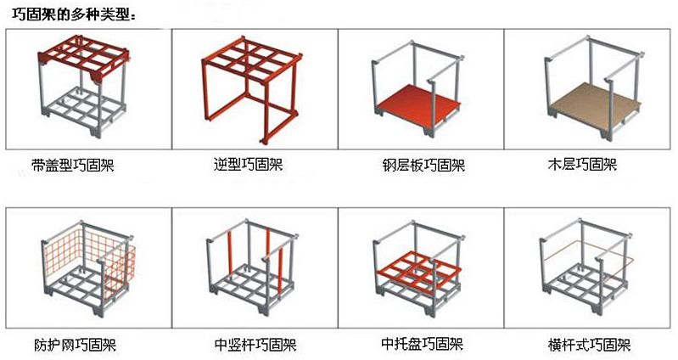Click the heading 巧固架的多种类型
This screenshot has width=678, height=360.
click(71, 15)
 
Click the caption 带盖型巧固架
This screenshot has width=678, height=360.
click(73, 165)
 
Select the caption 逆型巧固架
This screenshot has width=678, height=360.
click(248, 165)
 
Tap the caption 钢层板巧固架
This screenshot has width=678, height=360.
click(423, 165)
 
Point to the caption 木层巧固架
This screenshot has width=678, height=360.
click(582, 165)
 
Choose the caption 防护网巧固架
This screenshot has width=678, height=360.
click(75, 345)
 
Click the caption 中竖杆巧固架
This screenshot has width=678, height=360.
click(255, 345)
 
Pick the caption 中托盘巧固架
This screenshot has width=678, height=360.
click(422, 344)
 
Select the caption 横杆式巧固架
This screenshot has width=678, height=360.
click(589, 345)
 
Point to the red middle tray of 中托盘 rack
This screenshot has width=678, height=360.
click(418, 273)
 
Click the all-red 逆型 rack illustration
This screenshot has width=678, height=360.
click(252, 88)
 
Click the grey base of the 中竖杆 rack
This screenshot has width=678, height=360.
click(250, 288)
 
